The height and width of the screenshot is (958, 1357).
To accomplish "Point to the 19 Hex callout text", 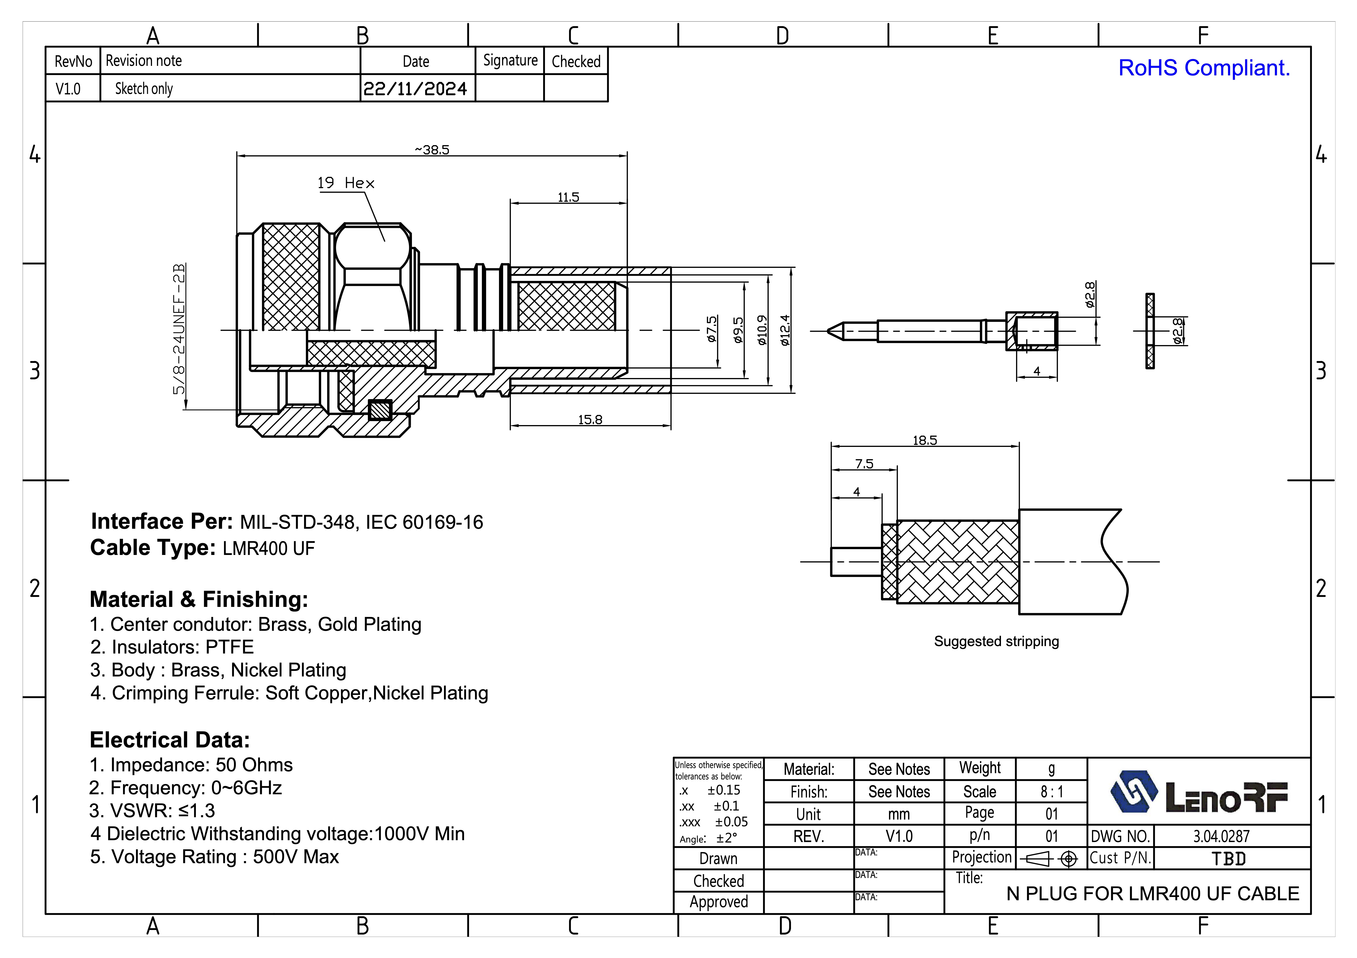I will click(x=346, y=183).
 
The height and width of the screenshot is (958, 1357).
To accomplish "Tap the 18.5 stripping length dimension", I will click(x=924, y=440).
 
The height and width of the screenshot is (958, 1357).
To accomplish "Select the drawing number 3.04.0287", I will click(x=1221, y=836).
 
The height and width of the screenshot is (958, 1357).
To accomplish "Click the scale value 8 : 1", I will click(x=1051, y=791).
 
